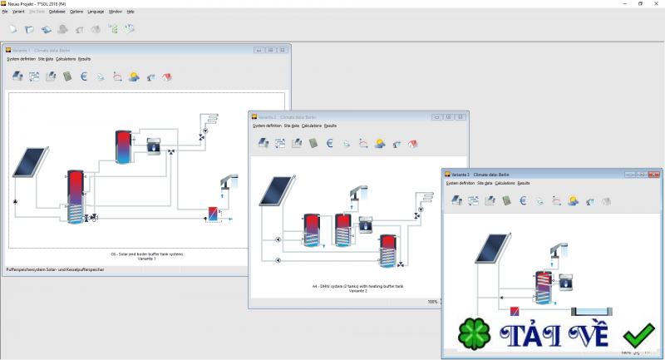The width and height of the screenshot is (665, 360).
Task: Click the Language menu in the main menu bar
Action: pos(96,12)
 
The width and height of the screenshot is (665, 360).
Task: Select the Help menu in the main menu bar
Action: pos(131,12)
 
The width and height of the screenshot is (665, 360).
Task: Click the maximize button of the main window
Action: pos(640,3)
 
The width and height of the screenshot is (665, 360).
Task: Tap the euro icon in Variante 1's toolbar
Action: pos(83,76)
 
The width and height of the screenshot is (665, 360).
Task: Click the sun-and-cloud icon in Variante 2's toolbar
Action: pos(380,143)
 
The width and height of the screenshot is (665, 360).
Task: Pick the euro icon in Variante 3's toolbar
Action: pos(522,200)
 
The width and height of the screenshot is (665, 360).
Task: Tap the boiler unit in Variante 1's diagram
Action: pos(155,146)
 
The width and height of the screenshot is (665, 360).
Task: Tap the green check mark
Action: pos(638,336)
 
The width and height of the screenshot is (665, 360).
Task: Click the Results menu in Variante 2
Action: pos(330,126)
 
